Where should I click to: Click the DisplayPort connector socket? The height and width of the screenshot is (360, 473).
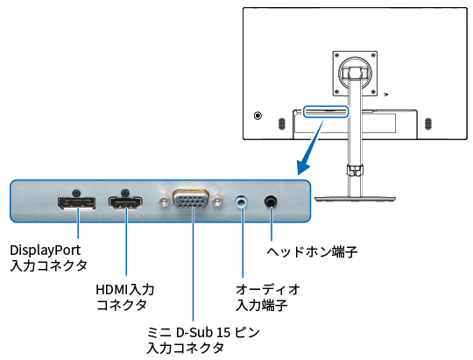(x=76, y=203)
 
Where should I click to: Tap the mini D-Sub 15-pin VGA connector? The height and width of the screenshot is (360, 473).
(x=191, y=199)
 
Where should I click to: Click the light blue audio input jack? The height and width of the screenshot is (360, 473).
(x=242, y=201)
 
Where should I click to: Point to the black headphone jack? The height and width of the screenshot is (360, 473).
(x=271, y=201)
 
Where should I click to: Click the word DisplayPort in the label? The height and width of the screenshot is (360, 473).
(x=46, y=251)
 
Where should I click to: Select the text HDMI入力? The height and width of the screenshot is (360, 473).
(x=125, y=289)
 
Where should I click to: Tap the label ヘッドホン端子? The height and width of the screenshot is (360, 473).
(x=312, y=251)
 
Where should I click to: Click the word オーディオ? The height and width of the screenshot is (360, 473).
(x=267, y=289)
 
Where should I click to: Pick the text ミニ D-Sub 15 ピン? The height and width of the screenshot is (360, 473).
(x=203, y=333)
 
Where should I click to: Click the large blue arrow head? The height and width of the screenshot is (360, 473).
(x=304, y=166)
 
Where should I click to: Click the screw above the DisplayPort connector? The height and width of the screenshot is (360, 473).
(x=76, y=192)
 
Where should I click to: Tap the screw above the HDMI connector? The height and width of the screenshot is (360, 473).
(x=125, y=192)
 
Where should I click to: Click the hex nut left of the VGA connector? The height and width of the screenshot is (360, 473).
(x=164, y=201)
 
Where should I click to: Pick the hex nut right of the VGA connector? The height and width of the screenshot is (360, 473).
(x=216, y=201)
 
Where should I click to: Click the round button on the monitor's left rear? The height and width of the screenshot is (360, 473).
(x=258, y=116)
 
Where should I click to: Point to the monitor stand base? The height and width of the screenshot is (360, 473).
(x=355, y=199)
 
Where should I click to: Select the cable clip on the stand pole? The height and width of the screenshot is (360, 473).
(x=355, y=170)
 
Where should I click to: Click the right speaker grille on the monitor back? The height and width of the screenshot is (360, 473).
(x=427, y=124)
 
